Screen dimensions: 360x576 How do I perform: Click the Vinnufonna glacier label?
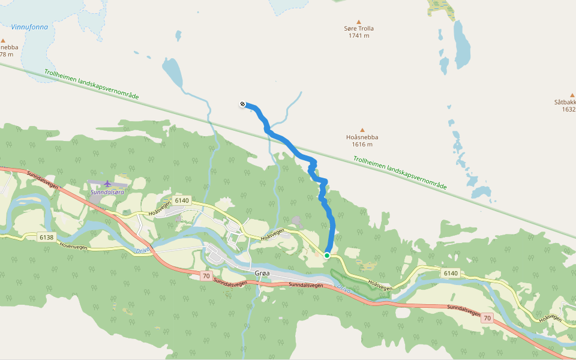[x=29, y=27]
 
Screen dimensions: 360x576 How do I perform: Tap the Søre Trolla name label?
[x=359, y=28]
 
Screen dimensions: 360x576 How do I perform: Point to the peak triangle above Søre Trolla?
[x=359, y=21]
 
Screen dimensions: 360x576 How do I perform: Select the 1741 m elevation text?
[x=359, y=36]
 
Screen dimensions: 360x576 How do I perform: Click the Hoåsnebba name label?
[x=362, y=137]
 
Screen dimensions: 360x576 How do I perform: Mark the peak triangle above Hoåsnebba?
[x=362, y=130]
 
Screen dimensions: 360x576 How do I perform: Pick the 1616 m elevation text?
[x=362, y=145]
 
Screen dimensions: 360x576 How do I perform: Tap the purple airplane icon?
[x=107, y=184]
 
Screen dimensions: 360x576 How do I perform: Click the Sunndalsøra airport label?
[x=107, y=193]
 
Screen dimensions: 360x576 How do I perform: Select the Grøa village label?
[x=263, y=273]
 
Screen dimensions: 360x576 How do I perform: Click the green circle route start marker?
[x=327, y=256]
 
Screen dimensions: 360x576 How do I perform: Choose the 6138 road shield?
[x=46, y=237]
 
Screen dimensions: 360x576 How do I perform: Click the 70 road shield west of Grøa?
[x=206, y=276]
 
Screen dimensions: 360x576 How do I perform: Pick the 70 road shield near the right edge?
[x=487, y=318]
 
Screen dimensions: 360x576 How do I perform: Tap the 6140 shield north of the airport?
[x=181, y=200]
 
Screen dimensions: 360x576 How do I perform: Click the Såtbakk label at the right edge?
[x=565, y=102]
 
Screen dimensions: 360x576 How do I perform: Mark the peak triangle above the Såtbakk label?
[x=572, y=95]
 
